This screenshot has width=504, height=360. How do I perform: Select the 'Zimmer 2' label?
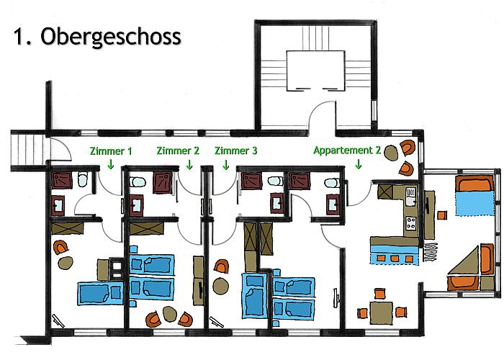(178, 151)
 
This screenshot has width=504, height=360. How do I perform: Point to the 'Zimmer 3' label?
(235, 151)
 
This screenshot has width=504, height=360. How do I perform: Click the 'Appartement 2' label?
(346, 151)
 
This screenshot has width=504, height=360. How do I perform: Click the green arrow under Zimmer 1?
(110, 164)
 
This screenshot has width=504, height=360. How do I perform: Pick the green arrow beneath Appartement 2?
(359, 164)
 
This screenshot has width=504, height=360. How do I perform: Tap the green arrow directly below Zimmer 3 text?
(225, 164)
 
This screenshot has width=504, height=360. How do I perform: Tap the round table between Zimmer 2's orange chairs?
(170, 314)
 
